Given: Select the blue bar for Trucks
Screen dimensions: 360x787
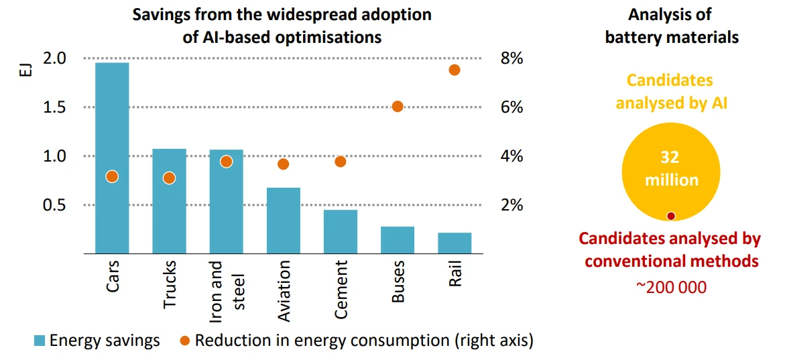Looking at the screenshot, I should [169, 201].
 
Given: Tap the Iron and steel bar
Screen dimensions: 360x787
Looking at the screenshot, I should [226, 202].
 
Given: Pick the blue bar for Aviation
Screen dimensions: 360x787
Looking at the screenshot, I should [283, 221].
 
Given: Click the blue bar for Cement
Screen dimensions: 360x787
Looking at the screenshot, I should [340, 232].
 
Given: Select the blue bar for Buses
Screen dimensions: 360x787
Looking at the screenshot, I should [397, 240].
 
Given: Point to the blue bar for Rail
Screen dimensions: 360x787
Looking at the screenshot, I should [454, 243].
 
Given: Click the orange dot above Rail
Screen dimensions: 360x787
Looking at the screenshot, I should [454, 70].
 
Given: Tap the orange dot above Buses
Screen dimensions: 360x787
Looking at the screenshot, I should [397, 107].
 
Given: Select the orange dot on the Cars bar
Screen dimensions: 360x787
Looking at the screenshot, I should [112, 176].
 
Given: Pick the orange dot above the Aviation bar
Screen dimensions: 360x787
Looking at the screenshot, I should [283, 164].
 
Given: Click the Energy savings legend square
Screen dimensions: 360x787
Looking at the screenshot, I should [40, 341].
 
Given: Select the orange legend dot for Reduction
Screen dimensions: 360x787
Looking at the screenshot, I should [185, 341].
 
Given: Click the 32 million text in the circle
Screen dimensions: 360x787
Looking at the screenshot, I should [671, 169].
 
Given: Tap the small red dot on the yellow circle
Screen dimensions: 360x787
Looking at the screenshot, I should [670, 216].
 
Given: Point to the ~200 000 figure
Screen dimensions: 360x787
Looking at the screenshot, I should [671, 287].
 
